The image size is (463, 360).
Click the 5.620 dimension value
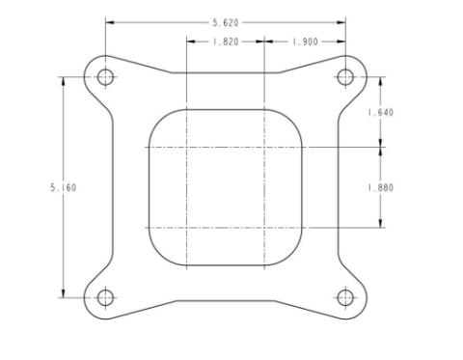click(226, 23)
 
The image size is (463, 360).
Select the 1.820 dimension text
click(226, 42)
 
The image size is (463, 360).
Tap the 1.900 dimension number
click(305, 42)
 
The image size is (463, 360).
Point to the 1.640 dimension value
click(381, 112)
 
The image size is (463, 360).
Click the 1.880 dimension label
click(381, 187)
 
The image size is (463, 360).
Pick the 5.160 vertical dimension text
click(64, 187)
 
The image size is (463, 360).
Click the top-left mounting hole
click(105, 77)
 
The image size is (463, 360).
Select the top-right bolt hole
click(345, 77)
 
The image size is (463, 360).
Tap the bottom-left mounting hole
click(105, 297)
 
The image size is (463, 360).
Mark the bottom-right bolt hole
click(345, 297)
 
